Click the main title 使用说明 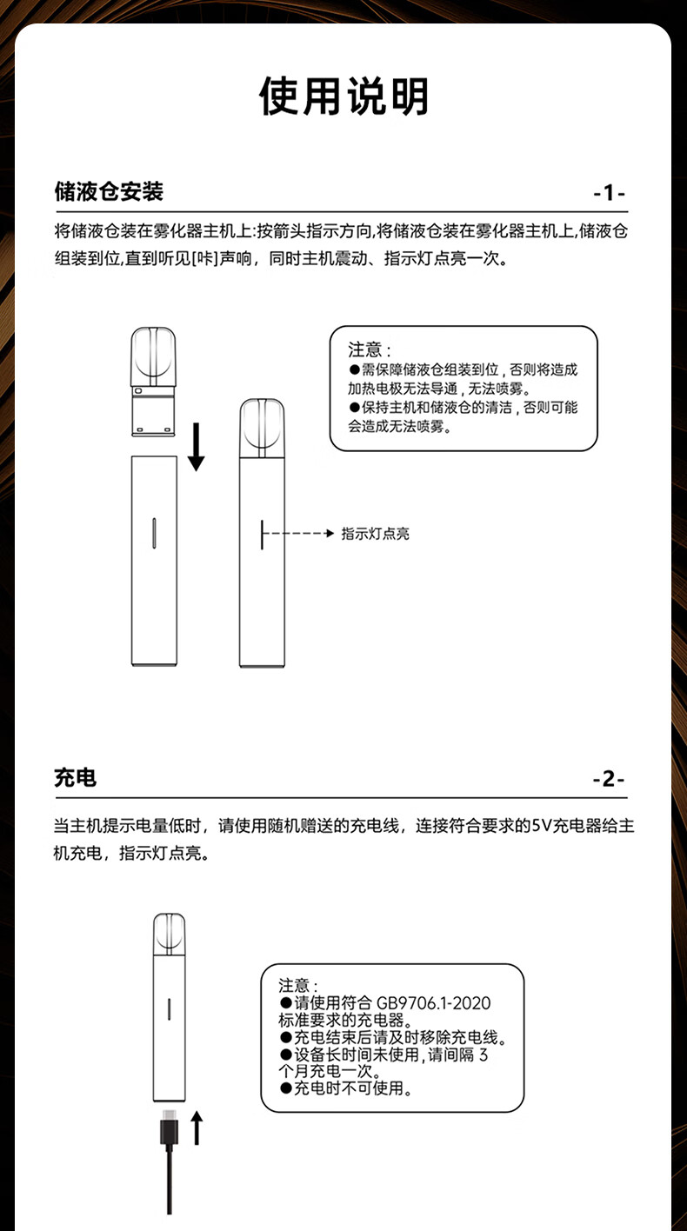[x=343, y=96]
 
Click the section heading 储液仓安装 [x=109, y=191]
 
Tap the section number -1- [x=610, y=193]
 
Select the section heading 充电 [x=76, y=777]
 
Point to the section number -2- [x=609, y=779]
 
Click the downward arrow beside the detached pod [x=197, y=446]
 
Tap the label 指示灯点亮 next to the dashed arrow [x=376, y=534]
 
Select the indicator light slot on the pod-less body [x=154, y=533]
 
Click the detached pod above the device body [x=153, y=382]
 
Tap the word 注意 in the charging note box [x=294, y=985]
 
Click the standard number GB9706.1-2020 [x=433, y=1003]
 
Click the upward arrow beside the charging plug [x=197, y=1128]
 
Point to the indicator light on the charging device [x=169, y=1008]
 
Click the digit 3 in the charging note [x=484, y=1055]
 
